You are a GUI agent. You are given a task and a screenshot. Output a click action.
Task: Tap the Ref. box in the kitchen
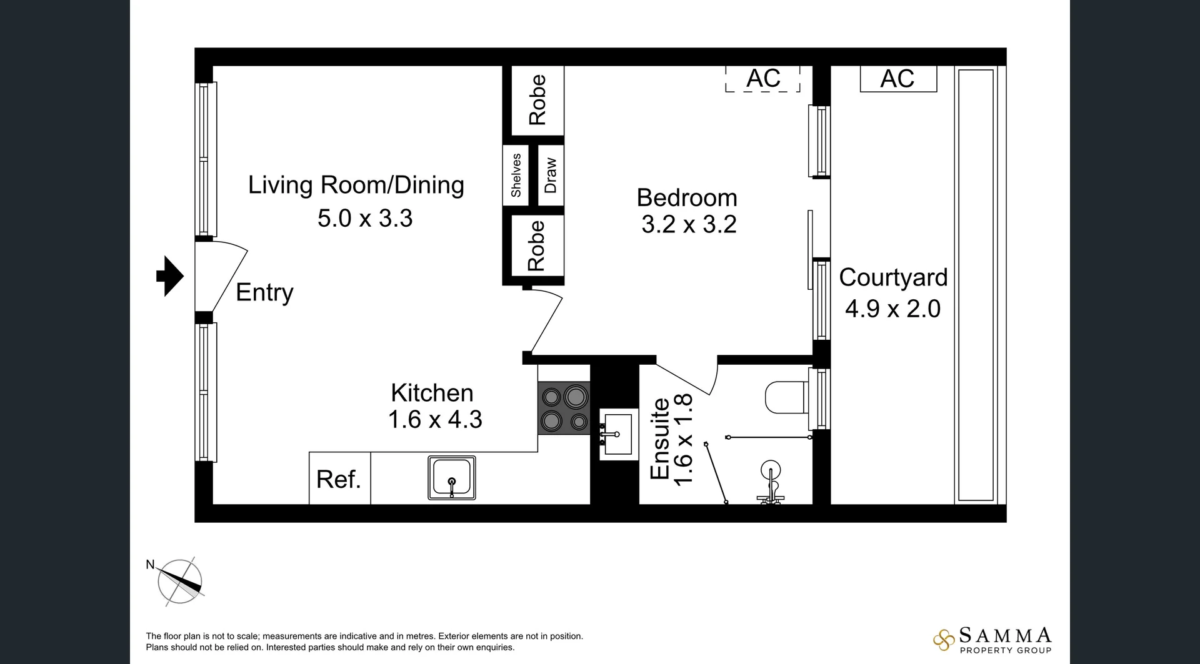[339, 478]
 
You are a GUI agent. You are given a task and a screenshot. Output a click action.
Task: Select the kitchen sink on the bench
[451, 477]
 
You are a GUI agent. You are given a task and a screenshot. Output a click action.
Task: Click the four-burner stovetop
[564, 409]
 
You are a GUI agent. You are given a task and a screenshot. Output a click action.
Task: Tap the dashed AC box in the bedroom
[762, 79]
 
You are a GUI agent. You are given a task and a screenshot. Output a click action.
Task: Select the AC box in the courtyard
[898, 79]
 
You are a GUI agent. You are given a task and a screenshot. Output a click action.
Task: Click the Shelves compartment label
[516, 176]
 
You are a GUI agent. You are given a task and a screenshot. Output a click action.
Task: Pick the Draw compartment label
[551, 176]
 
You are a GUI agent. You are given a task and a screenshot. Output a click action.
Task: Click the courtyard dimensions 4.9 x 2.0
[892, 309]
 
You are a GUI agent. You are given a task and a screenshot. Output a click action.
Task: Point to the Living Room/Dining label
[356, 185]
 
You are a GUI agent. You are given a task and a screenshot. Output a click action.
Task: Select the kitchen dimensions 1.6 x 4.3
[435, 419]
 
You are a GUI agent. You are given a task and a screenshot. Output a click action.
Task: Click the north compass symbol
[180, 581]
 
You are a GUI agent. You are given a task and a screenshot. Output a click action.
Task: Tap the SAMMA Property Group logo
[993, 640]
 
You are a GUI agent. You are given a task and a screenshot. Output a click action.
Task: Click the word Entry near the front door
[264, 292]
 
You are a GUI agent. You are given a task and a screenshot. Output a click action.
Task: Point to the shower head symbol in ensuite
[771, 472]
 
